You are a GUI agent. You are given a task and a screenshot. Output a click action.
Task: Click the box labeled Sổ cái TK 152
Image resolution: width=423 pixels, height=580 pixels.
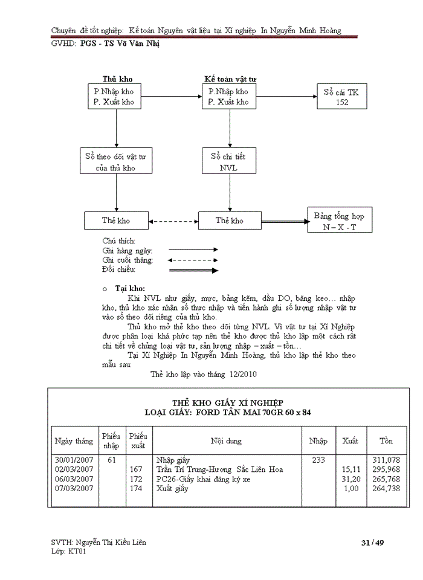pyautogui.click(x=341, y=97)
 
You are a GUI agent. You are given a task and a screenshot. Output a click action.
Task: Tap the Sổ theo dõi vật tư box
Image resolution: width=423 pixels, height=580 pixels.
pyautogui.click(x=116, y=162)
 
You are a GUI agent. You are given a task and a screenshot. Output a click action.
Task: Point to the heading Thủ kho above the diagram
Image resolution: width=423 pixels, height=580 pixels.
pyautogui.click(x=117, y=79)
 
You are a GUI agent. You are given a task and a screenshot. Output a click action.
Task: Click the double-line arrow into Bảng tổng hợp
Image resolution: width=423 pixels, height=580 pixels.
pyautogui.click(x=282, y=221)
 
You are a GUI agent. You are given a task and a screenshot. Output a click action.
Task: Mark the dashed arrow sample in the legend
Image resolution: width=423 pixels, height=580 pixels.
pyautogui.click(x=193, y=260)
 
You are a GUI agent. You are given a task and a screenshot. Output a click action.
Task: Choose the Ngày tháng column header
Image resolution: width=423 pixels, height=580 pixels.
pyautogui.click(x=74, y=441)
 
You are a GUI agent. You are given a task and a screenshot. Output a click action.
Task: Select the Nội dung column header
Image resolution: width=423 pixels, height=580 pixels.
pyautogui.click(x=226, y=441)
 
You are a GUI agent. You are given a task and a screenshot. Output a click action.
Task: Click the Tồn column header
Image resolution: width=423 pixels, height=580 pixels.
pyautogui.click(x=386, y=441)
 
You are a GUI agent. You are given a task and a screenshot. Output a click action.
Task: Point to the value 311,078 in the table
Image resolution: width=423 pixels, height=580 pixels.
pyautogui.click(x=387, y=460)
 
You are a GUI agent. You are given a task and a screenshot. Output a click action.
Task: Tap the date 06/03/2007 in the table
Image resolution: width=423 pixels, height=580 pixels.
pyautogui.click(x=74, y=479)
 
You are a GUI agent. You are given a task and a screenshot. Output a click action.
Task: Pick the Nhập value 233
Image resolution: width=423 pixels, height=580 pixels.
pyautogui.click(x=318, y=460)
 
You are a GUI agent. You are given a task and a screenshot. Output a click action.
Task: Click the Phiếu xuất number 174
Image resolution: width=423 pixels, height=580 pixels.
pyautogui.click(x=136, y=488)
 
